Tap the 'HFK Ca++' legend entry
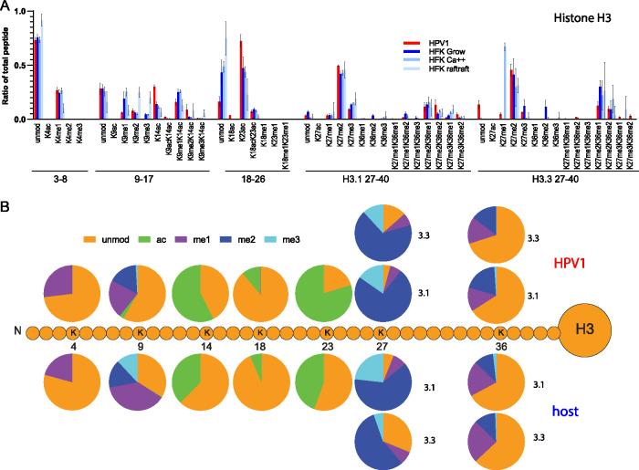click(x=445, y=61)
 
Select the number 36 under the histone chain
click(x=501, y=348)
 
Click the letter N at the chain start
click(x=16, y=333)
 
